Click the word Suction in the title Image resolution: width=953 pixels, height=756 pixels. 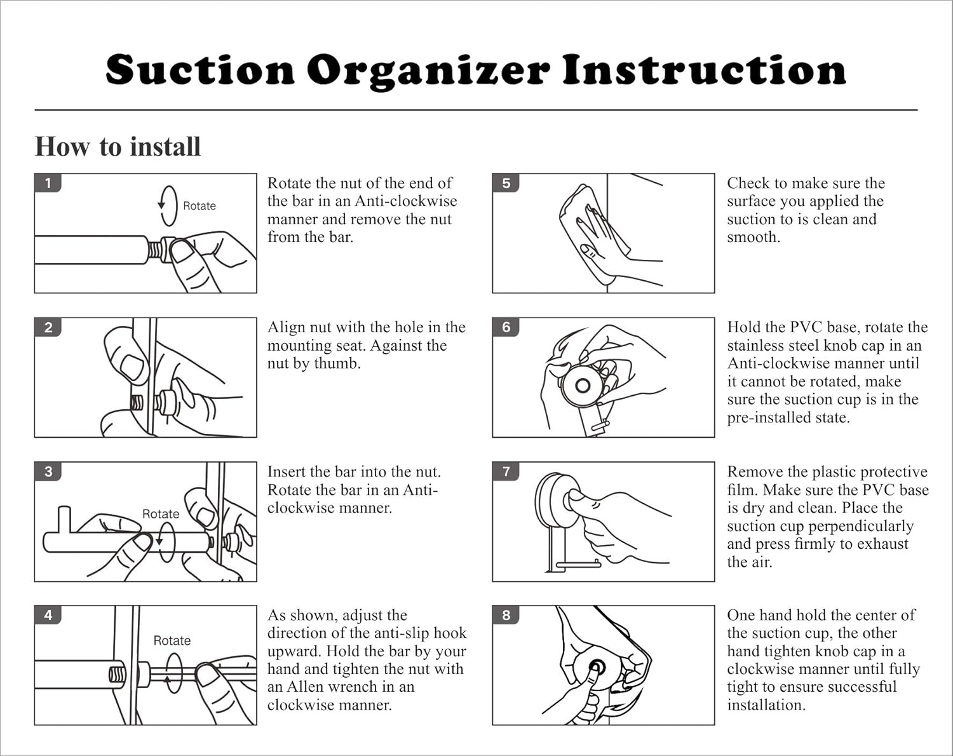point(199,70)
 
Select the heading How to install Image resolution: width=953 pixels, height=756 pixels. point(118,147)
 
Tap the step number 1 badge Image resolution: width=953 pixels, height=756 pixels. point(48,183)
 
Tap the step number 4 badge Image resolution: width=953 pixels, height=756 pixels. point(48,615)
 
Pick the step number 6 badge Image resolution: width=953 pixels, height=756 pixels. point(506,327)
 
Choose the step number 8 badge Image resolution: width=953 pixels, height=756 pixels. point(506,615)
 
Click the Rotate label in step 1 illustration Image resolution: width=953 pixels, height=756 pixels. point(199,206)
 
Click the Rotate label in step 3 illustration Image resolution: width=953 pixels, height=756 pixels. point(161,514)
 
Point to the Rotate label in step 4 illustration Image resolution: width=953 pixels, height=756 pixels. point(172,640)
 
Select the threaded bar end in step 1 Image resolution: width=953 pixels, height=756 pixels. point(155,250)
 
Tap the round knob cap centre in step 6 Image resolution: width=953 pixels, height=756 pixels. point(583,386)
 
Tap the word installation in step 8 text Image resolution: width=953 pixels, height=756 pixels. point(766,705)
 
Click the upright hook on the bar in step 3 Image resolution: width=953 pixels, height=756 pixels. point(65,520)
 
